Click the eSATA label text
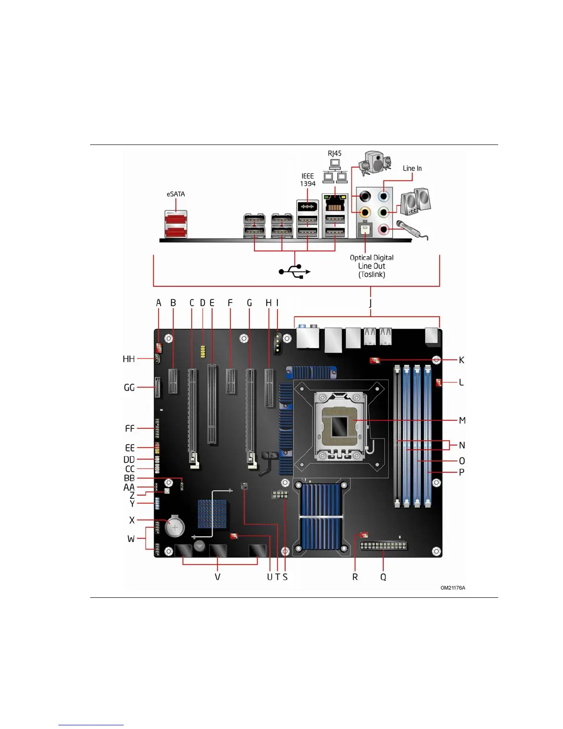pos(176,194)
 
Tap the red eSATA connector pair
pos(176,224)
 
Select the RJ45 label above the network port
pos(334,153)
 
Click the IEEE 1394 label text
pos(308,180)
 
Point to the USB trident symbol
pos(295,272)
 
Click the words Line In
pos(412,168)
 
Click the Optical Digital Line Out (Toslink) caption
pos(372,266)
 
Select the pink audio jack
pos(384,229)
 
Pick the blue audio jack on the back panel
pos(384,197)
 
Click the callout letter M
pos(462,420)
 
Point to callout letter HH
pos(129,359)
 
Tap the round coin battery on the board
pos(175,526)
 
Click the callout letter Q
pos(383,577)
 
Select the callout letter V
pos(218,577)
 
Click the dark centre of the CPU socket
pos(339,426)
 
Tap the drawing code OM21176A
pos(453,588)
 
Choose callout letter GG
pos(129,388)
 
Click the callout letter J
pos(370,303)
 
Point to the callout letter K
pos(462,360)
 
